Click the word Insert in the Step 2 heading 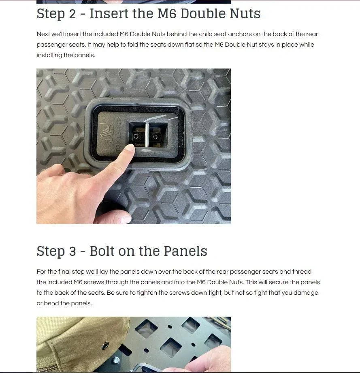click(109, 13)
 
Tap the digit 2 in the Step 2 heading click(72, 14)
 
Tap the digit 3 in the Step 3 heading click(72, 251)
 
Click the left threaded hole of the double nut click(136, 137)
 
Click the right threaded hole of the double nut click(155, 137)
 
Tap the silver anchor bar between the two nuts click(147, 135)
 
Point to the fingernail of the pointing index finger click(130, 148)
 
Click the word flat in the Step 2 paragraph click(190, 45)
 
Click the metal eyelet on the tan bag click(105, 345)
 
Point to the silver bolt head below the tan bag click(117, 360)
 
